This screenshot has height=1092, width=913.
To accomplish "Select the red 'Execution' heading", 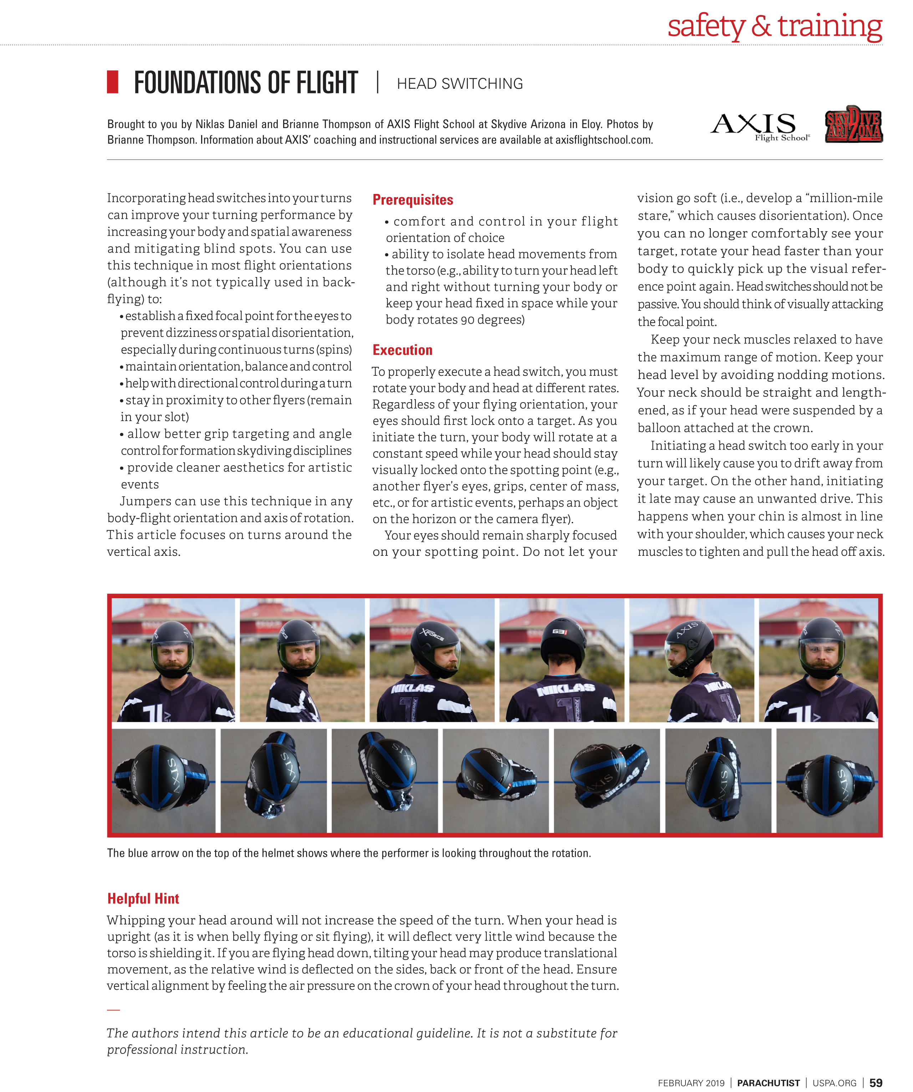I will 402,350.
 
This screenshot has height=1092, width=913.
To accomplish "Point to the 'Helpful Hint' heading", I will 143,898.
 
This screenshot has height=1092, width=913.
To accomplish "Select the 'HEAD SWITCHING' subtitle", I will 459,84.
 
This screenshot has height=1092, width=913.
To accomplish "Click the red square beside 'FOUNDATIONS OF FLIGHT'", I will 112,82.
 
